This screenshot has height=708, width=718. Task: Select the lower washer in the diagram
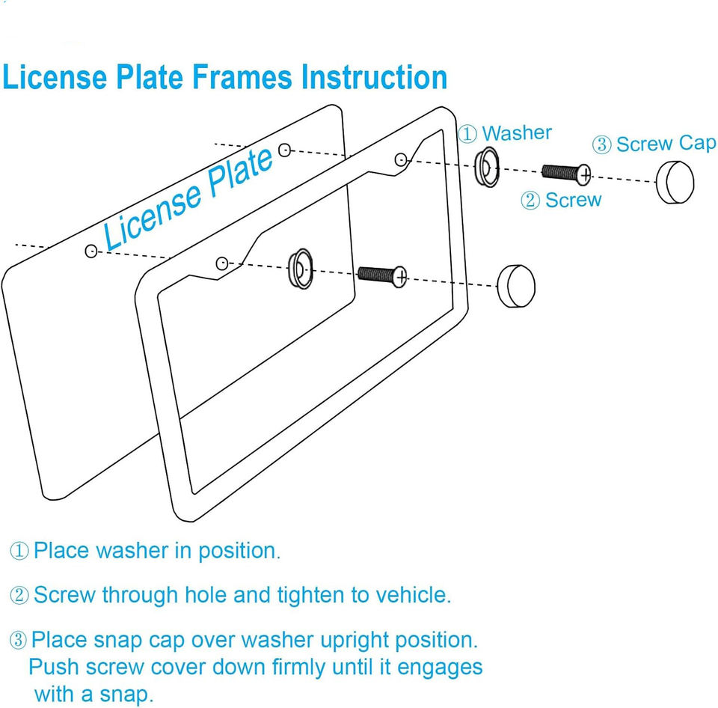300,268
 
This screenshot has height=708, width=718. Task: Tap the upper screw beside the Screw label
566,173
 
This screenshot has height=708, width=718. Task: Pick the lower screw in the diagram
382,275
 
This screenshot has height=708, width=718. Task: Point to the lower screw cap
516,285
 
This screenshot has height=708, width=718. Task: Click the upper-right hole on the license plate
284,150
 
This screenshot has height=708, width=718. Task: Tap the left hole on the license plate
91,251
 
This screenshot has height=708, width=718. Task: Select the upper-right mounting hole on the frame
401,159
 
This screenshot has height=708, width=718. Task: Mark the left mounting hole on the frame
221,263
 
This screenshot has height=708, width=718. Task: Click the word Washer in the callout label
517,133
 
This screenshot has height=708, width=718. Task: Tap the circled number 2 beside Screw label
530,201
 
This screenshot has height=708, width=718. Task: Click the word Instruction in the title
374,78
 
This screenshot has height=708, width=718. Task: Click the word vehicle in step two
412,595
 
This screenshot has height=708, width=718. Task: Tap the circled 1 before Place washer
19,552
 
